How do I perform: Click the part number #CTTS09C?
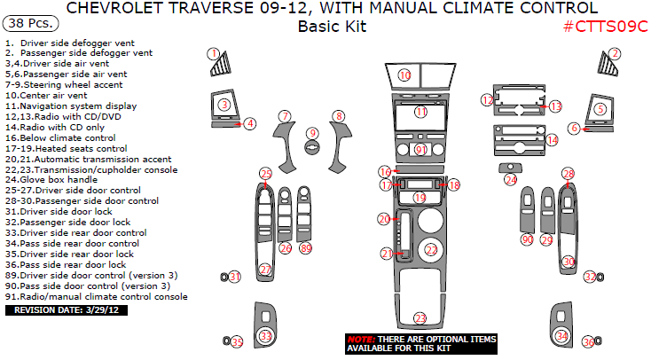click(x=608, y=27)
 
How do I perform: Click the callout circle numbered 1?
click(x=214, y=54)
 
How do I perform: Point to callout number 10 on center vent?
click(x=404, y=76)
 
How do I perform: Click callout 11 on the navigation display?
click(x=421, y=112)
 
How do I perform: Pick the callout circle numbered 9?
click(x=310, y=133)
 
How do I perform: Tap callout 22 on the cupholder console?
click(x=431, y=251)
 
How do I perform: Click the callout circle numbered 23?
click(x=420, y=317)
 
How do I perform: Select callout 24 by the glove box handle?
click(x=511, y=180)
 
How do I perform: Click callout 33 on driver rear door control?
click(x=265, y=336)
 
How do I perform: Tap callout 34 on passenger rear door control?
click(x=561, y=336)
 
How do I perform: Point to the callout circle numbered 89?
click(x=306, y=248)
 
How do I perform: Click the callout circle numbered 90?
click(x=527, y=240)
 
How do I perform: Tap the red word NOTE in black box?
click(x=360, y=340)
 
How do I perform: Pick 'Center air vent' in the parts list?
click(x=50, y=95)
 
